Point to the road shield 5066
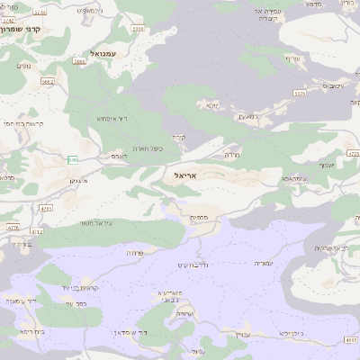click(x=80, y=62)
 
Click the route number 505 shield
click(x=73, y=159)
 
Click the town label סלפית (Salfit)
click(x=200, y=217)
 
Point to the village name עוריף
click(x=291, y=59)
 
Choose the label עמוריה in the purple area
click(x=262, y=263)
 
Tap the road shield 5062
click(x=48, y=81)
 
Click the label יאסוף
click(x=326, y=165)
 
